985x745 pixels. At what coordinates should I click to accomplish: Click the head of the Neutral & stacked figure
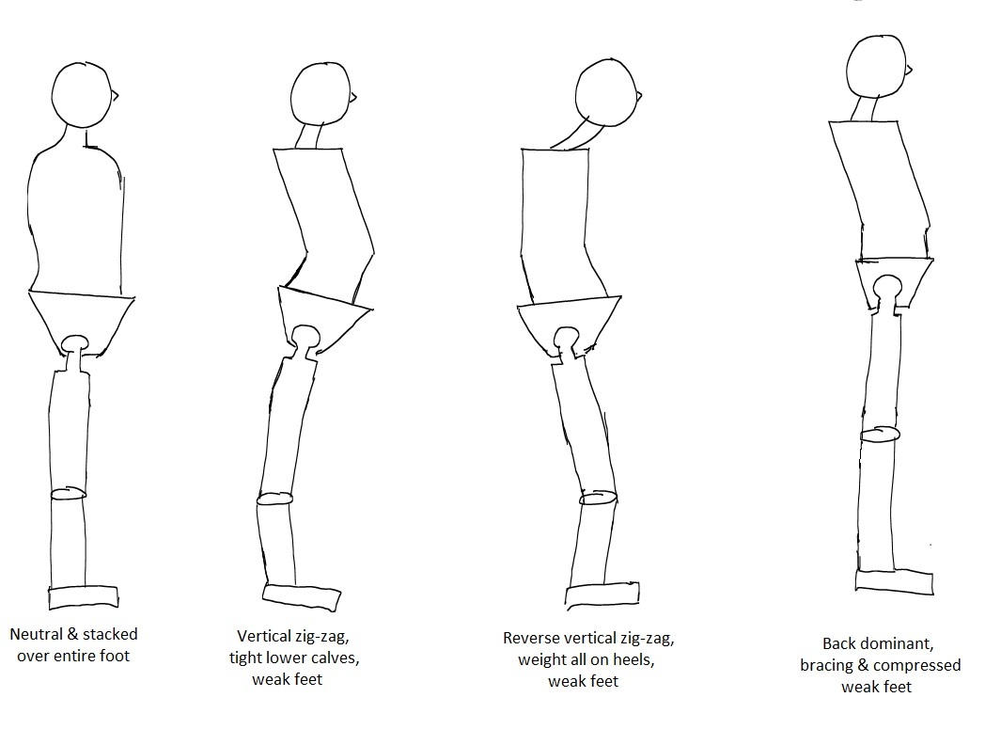(x=83, y=93)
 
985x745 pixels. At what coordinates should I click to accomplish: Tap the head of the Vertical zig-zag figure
(x=321, y=94)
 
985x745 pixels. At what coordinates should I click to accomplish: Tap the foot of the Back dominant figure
(x=896, y=579)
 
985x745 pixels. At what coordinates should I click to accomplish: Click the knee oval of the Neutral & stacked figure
(x=68, y=493)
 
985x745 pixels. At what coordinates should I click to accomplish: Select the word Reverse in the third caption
(x=533, y=639)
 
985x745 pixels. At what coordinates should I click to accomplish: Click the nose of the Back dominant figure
(x=910, y=70)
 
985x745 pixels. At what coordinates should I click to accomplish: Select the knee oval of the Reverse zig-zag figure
(x=598, y=497)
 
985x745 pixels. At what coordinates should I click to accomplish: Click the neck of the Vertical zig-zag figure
(x=312, y=137)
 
